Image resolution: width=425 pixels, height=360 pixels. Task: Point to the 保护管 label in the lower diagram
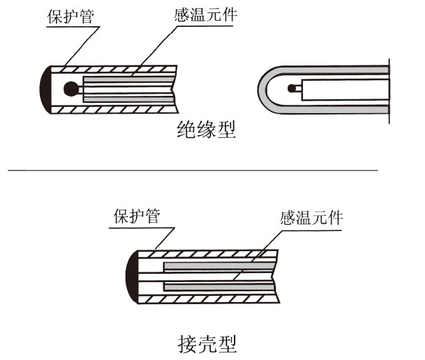(x=136, y=217)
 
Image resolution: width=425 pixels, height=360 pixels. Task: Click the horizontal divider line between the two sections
(x=193, y=169)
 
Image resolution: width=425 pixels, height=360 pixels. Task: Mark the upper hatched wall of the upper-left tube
(x=117, y=70)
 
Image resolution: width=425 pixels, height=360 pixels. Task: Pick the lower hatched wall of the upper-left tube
(x=117, y=109)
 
